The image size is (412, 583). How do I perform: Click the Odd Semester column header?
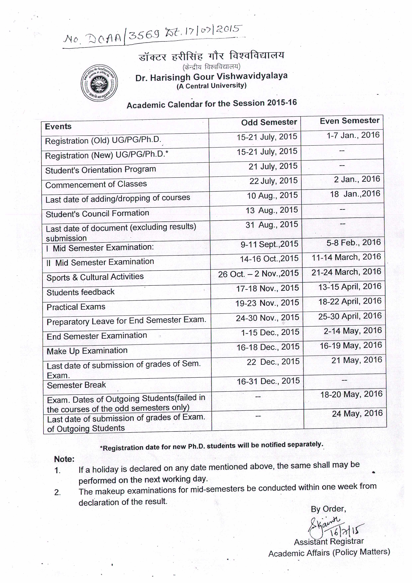[x=269, y=122]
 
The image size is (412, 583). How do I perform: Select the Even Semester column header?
[x=350, y=121]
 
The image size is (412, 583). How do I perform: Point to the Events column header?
[x=58, y=127]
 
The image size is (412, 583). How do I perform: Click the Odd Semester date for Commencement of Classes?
[x=273, y=181]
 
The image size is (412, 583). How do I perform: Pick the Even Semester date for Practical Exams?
[x=350, y=301]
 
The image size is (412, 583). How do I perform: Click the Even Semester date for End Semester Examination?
[x=353, y=331]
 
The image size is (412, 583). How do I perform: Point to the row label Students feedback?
[x=80, y=292]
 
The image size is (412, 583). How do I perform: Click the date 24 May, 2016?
[x=357, y=414]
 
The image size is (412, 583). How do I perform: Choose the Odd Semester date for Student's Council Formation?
[x=271, y=210]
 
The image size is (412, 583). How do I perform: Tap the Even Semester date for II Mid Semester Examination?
[x=346, y=257]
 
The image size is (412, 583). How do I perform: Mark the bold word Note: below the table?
[x=64, y=459]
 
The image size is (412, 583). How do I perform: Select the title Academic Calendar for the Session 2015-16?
[x=212, y=104]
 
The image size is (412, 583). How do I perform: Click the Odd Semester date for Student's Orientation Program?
[x=273, y=166]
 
